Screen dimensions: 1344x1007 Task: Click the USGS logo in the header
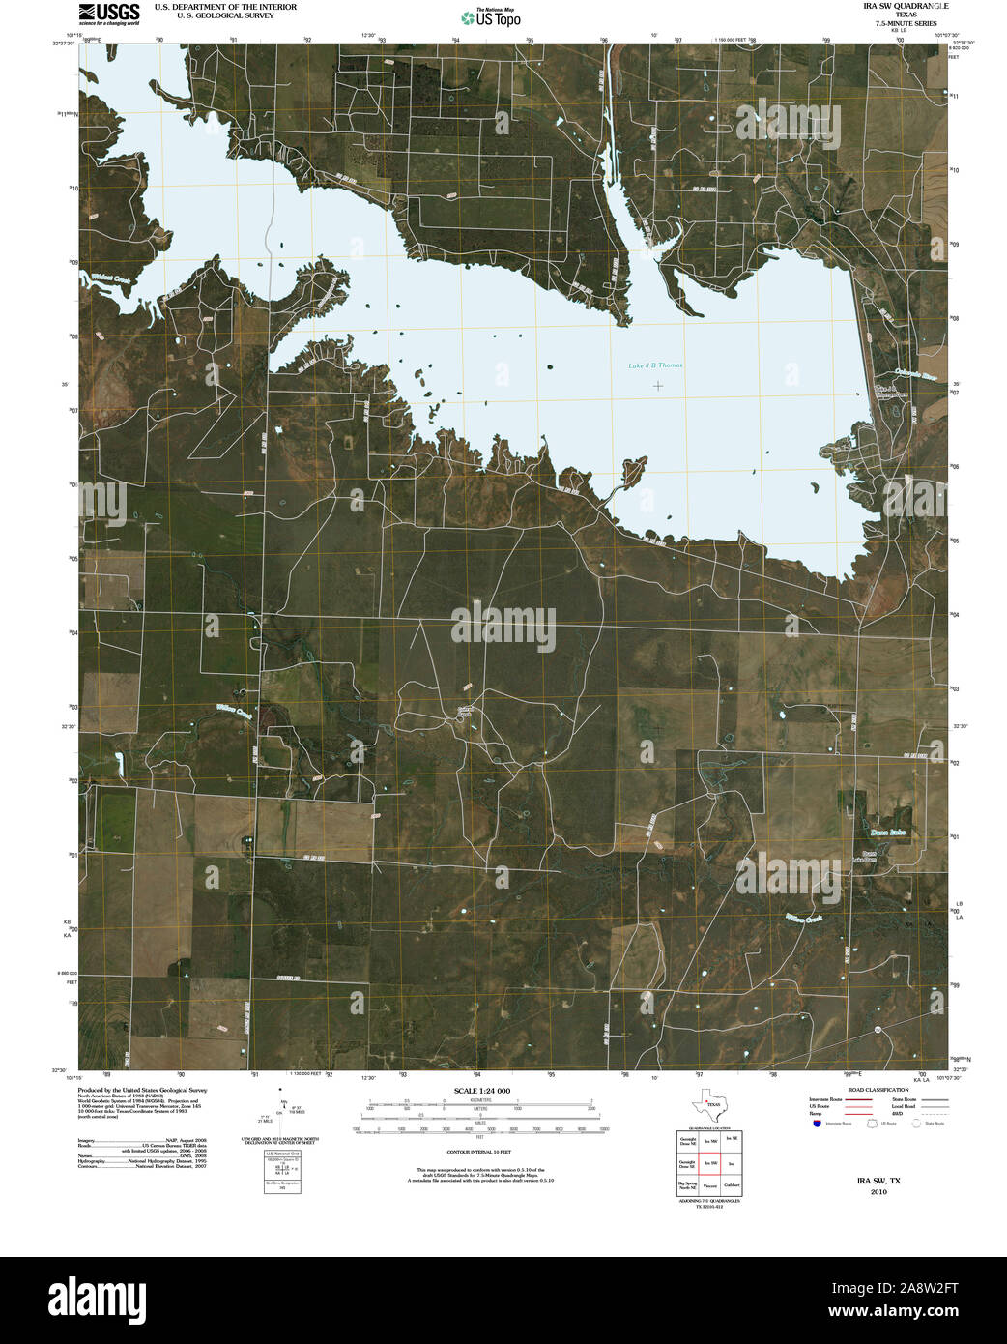(108, 13)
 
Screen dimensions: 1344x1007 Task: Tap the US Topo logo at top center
(491, 16)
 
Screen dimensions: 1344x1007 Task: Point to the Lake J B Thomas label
(655, 365)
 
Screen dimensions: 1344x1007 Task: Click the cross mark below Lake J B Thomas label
(658, 386)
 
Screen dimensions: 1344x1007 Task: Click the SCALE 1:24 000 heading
(481, 1091)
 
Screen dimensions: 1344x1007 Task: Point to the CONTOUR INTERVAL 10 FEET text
(480, 1153)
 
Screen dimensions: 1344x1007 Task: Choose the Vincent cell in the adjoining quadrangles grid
(710, 1184)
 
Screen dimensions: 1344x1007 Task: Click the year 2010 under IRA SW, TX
(878, 1192)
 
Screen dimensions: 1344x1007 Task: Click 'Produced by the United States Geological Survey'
(142, 1090)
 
